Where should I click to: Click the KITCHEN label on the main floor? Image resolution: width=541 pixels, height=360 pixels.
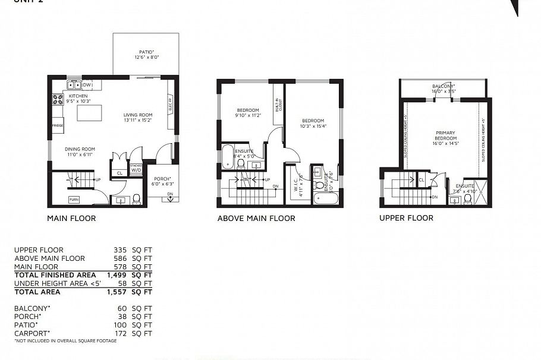click(78, 96)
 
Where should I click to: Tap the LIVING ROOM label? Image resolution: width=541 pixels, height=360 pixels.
click(138, 115)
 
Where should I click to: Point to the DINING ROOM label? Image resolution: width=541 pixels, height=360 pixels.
click(80, 149)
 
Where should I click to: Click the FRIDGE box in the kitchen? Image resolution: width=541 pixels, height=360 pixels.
click(58, 126)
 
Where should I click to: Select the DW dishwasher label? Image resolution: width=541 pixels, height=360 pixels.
click(87, 85)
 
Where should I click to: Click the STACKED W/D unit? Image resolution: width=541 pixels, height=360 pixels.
click(136, 168)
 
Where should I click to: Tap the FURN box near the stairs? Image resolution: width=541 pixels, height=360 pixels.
click(74, 199)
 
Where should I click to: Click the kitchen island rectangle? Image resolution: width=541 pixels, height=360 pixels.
click(89, 113)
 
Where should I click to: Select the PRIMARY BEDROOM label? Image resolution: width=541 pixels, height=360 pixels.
click(445, 135)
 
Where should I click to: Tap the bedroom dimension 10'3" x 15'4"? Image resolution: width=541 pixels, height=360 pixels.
click(313, 126)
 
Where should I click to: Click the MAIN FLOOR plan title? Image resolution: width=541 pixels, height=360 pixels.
click(71, 218)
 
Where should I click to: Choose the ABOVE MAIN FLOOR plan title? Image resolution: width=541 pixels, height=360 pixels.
click(256, 218)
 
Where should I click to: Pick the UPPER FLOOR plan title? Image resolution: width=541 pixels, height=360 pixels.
click(406, 218)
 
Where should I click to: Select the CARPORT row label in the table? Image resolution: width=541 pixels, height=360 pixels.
click(33, 333)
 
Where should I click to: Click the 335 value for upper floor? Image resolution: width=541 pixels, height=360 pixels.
click(121, 250)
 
